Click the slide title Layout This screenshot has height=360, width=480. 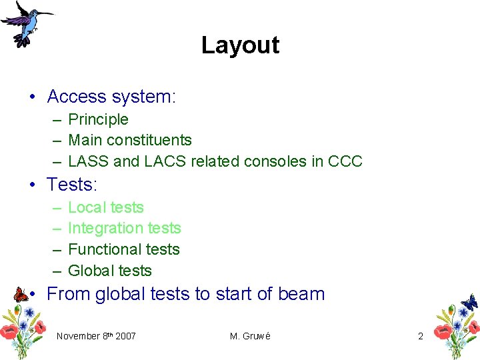(240, 45)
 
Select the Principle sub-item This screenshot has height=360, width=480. (98, 119)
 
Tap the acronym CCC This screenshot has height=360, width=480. (345, 161)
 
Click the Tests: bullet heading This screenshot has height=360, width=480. (72, 183)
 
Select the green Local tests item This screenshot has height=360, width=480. (106, 207)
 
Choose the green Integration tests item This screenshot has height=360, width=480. (125, 228)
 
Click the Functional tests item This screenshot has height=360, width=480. (124, 249)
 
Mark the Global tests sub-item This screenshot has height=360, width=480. (110, 271)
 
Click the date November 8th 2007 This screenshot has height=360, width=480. (96, 336)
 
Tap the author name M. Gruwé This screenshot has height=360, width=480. (250, 336)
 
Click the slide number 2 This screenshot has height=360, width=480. (420, 336)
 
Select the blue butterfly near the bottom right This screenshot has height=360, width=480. (469, 302)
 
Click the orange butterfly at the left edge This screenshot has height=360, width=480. (20, 294)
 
